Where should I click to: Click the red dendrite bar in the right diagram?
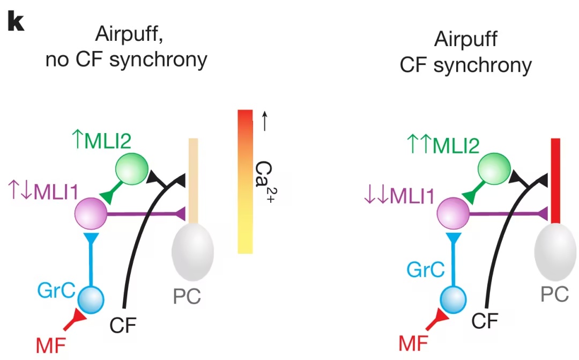[556, 180]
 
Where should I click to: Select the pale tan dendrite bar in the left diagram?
[193, 180]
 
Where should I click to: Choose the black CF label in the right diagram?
[486, 320]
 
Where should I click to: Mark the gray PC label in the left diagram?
[187, 296]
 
